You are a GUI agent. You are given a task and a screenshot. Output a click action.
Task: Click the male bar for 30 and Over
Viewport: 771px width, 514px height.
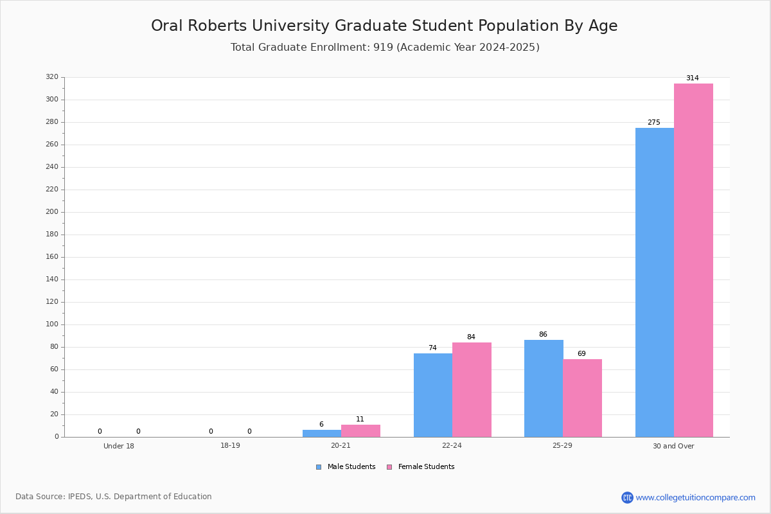pyautogui.click(x=655, y=282)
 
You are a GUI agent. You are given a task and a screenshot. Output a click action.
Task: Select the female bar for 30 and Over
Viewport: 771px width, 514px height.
pyautogui.click(x=693, y=260)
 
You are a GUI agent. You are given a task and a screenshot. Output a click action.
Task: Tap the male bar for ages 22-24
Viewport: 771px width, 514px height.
pyautogui.click(x=433, y=395)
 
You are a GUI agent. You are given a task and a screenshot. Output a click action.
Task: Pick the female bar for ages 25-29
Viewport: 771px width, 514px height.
pyautogui.click(x=582, y=398)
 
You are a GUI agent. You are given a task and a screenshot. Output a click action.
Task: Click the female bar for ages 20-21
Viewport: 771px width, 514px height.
pyautogui.click(x=360, y=431)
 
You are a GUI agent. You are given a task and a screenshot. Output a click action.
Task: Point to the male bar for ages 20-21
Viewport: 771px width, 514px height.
pyautogui.click(x=322, y=434)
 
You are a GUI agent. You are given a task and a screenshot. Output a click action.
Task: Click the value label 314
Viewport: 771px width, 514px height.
pyautogui.click(x=693, y=78)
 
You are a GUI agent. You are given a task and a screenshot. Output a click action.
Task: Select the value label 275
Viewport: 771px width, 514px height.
pyautogui.click(x=654, y=122)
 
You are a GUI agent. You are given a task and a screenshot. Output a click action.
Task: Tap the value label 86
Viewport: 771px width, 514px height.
pyautogui.click(x=543, y=334)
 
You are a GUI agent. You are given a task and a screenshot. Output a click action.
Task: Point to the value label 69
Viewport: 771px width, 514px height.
pyautogui.click(x=581, y=353)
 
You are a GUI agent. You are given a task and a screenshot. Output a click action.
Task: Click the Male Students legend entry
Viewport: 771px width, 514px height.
pyautogui.click(x=346, y=466)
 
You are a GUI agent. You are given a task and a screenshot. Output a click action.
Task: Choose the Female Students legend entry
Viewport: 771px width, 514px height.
pyautogui.click(x=421, y=466)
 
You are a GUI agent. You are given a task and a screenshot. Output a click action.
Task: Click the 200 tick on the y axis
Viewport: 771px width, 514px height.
pyautogui.click(x=52, y=212)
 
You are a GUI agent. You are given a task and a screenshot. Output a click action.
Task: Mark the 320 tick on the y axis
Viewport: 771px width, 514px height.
pyautogui.click(x=52, y=76)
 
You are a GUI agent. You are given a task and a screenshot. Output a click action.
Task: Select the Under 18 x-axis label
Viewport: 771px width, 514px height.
pyautogui.click(x=119, y=446)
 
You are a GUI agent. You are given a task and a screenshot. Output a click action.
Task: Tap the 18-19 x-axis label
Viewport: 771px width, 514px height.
pyautogui.click(x=230, y=445)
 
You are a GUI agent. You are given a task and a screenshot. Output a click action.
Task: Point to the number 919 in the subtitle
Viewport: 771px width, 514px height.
pyautogui.click(x=383, y=47)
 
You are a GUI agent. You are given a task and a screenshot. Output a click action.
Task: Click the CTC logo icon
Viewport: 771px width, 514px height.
pyautogui.click(x=627, y=497)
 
